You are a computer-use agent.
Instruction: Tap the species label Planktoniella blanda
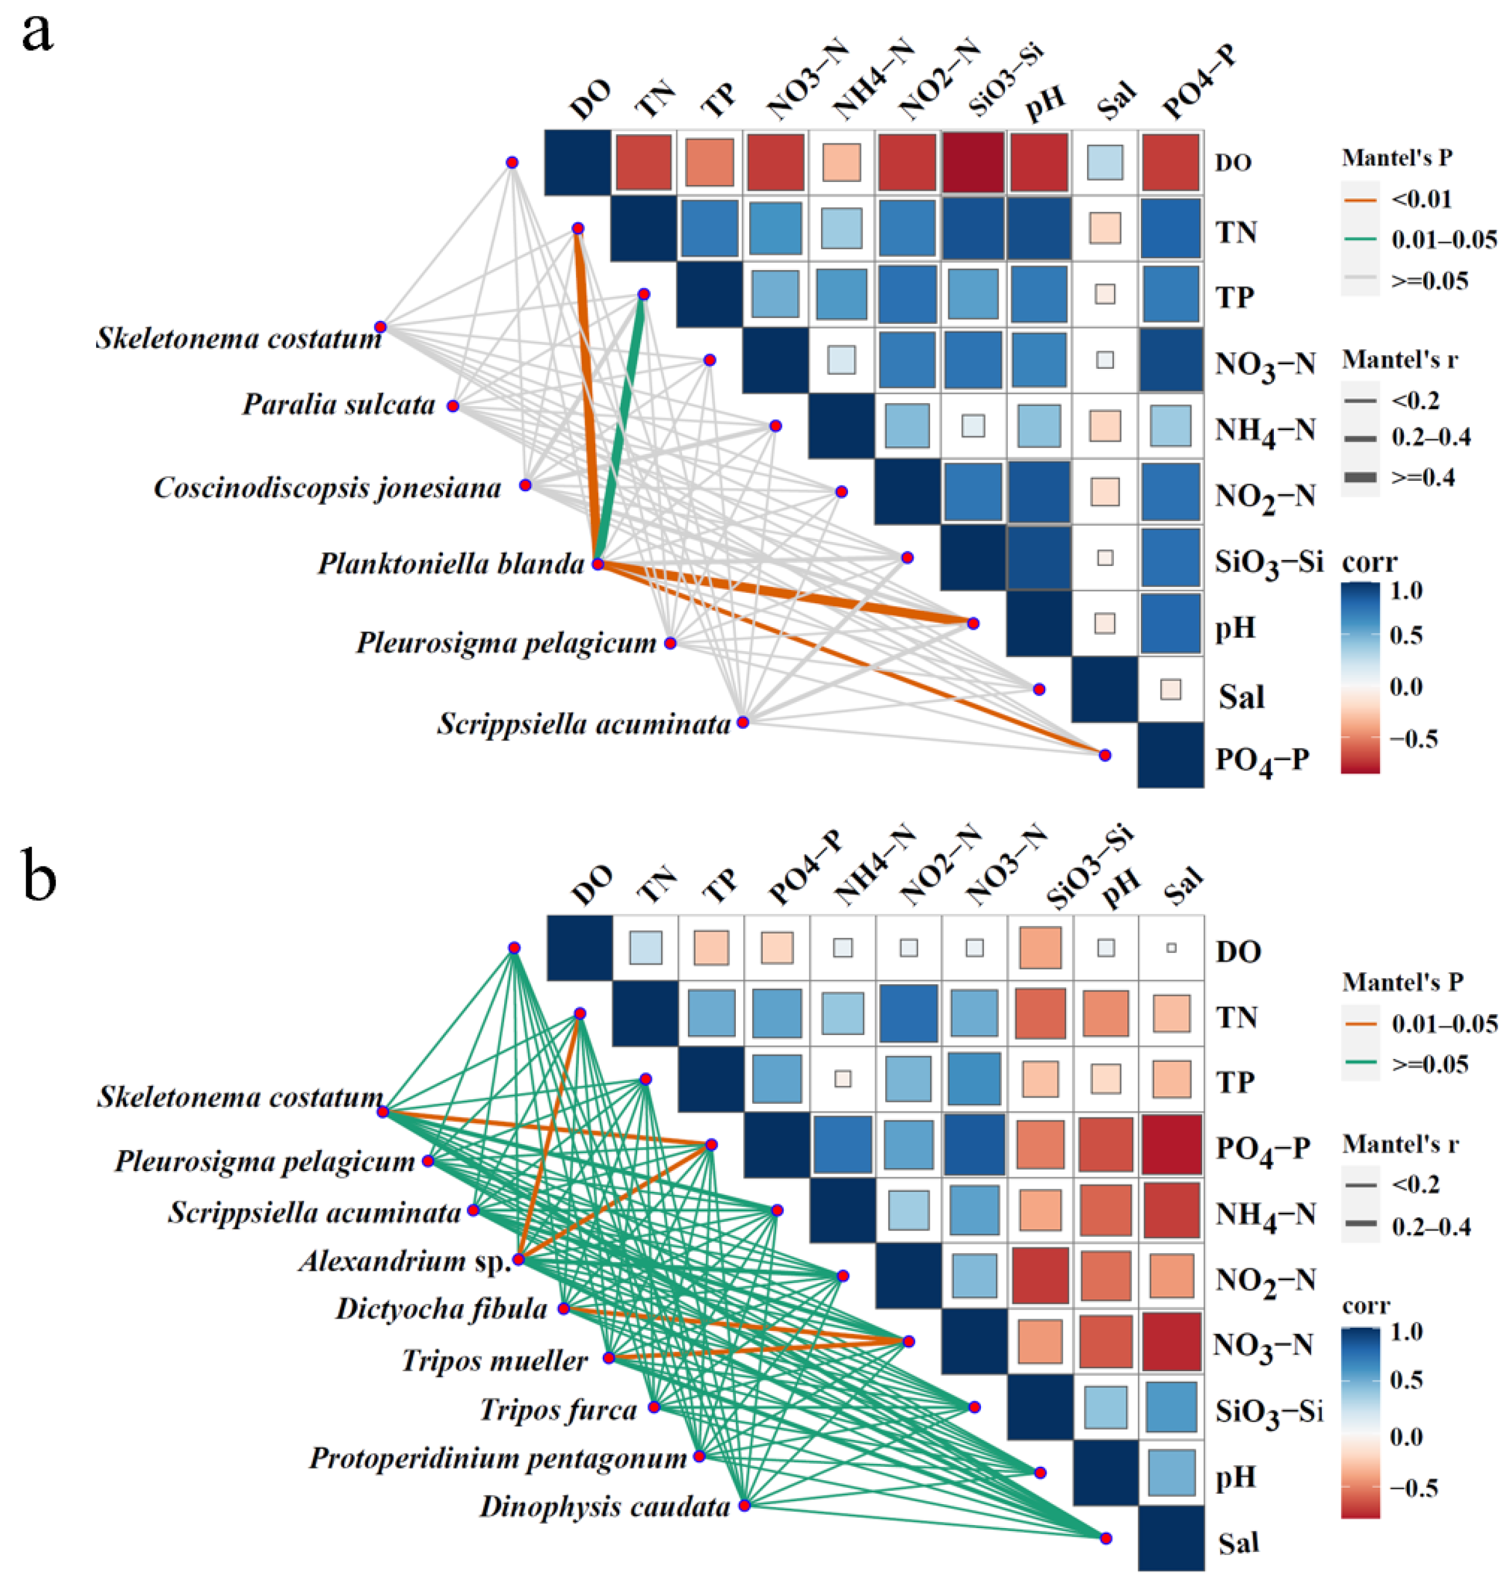coord(450,564)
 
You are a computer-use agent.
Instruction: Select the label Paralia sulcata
coord(338,404)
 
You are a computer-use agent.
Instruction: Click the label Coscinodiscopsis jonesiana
coord(327,487)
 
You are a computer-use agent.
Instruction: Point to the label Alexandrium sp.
coord(404,1260)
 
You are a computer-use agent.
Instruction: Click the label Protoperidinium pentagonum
coord(498,1457)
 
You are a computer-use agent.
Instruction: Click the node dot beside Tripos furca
coord(655,1407)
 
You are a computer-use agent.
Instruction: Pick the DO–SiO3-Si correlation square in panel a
coord(973,163)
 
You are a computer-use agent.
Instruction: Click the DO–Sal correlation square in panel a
coord(1105,163)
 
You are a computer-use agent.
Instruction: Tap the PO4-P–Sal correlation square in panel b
coord(1171,1145)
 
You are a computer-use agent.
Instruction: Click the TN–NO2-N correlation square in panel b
coord(908,1013)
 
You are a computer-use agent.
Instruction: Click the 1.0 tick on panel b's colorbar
coord(1406,1331)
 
